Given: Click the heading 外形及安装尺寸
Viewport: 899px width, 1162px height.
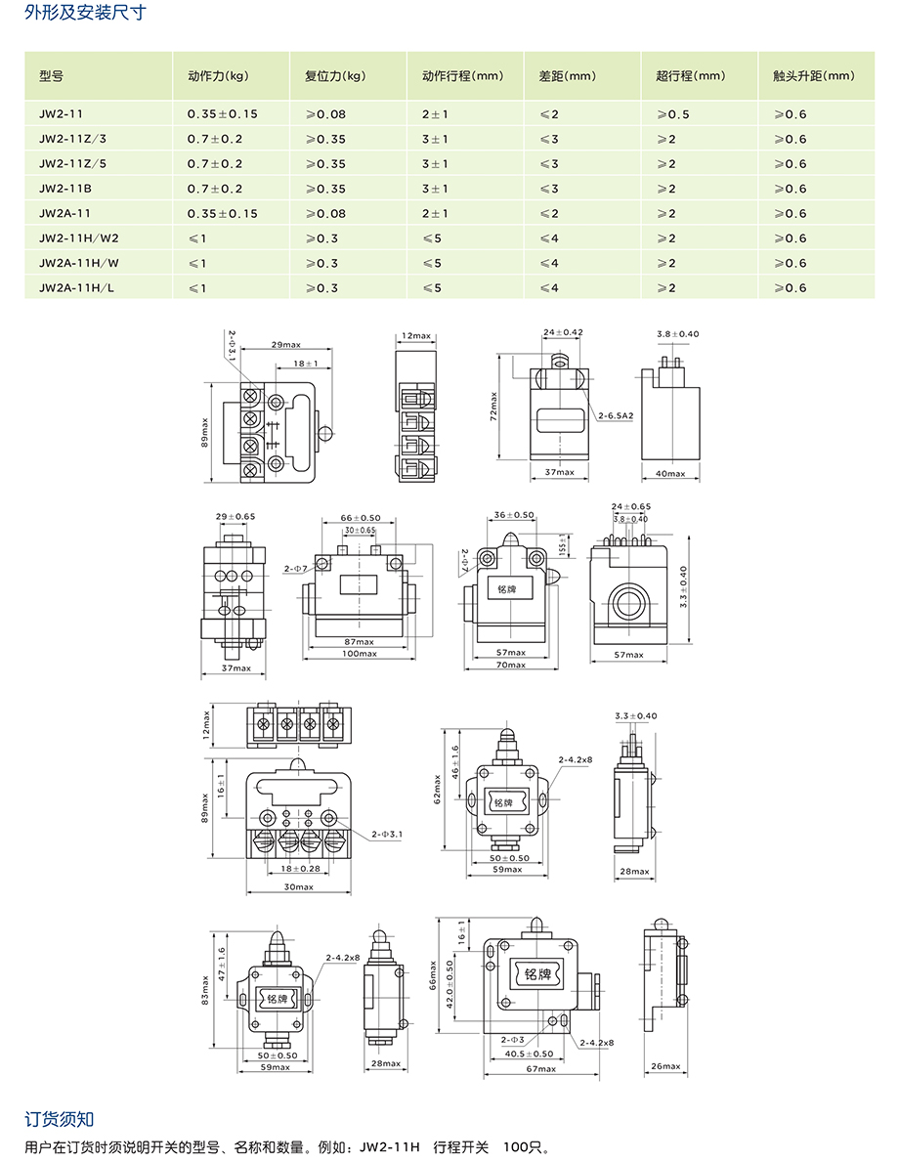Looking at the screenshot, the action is (85, 13).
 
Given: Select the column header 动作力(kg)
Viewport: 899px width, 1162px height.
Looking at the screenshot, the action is (219, 75).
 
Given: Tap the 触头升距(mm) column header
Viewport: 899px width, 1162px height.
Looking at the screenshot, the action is (814, 75).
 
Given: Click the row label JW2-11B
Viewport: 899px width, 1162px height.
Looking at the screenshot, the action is (65, 189).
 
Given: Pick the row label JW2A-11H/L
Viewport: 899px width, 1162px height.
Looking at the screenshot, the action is (76, 287).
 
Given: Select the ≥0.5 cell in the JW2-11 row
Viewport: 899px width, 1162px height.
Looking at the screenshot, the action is (673, 114).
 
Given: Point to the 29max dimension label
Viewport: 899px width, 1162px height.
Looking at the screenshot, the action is (286, 345).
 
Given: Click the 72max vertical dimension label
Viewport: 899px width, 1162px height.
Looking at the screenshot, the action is (494, 407).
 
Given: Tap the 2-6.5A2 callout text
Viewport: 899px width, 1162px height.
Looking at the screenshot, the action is (616, 415).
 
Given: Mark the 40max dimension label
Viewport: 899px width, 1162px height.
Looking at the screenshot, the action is (670, 474).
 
